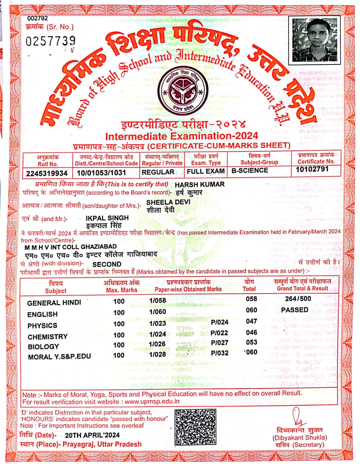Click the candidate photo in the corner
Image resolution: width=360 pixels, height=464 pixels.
point(316,40)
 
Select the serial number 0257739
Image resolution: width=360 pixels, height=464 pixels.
point(51,41)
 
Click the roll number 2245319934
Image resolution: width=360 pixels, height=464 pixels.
point(47,174)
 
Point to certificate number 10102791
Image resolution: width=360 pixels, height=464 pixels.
point(312,169)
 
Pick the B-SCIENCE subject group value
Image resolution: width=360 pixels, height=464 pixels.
point(250,170)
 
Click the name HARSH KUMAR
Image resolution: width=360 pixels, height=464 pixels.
point(200,184)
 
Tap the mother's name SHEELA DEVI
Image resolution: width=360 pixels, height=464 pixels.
point(168,202)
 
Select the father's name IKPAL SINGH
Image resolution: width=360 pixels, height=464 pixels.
point(107,218)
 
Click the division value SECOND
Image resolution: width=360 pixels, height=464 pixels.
point(107,264)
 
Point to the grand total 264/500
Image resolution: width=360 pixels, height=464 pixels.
point(298,299)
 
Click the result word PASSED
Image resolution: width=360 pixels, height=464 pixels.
point(294,310)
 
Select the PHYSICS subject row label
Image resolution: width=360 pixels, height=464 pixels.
point(42,326)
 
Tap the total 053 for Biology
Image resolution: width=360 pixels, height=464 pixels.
point(251,342)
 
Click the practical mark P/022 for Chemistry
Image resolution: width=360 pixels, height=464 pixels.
point(219,333)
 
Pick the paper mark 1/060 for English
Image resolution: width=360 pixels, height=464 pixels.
point(158,312)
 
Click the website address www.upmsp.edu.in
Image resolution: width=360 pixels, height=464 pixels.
point(152,402)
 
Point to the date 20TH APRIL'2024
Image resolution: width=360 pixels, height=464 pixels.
point(92,435)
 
